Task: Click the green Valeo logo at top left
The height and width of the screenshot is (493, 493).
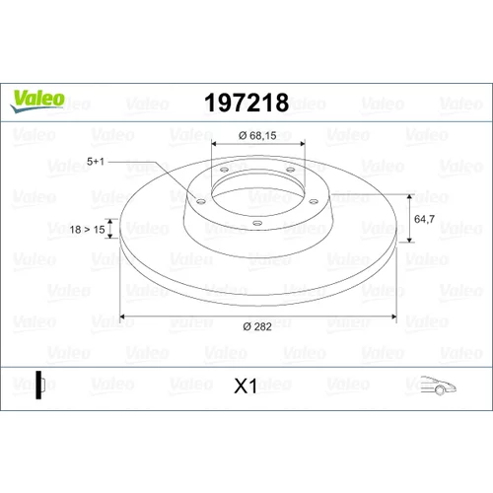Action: (37, 101)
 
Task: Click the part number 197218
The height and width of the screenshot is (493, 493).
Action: (246, 103)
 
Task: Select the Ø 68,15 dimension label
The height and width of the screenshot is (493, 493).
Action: (257, 135)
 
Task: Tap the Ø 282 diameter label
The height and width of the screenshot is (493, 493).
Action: (257, 326)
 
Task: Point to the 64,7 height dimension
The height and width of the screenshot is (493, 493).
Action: (424, 219)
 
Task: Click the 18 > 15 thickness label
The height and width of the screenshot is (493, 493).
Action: (87, 230)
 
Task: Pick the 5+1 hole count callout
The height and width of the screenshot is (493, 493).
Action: (96, 162)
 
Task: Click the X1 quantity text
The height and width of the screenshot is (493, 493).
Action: (246, 386)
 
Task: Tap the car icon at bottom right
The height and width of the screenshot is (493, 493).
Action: (438, 385)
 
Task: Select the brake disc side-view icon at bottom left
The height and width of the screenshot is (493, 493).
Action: (40, 385)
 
